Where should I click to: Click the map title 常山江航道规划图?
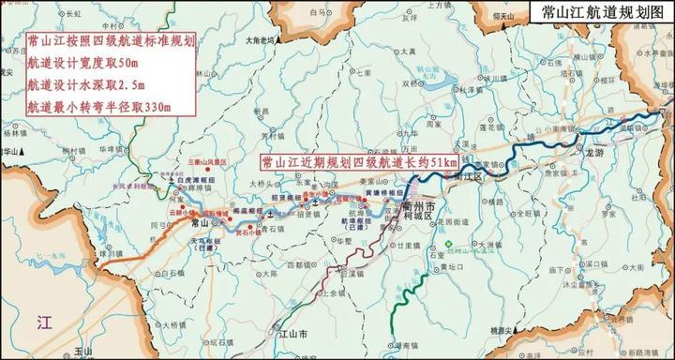[x=596, y=13]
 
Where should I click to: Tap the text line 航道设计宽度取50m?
[x=83, y=63]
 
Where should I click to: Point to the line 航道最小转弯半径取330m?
[x=98, y=106]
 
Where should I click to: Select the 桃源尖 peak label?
[x=531, y=330]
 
